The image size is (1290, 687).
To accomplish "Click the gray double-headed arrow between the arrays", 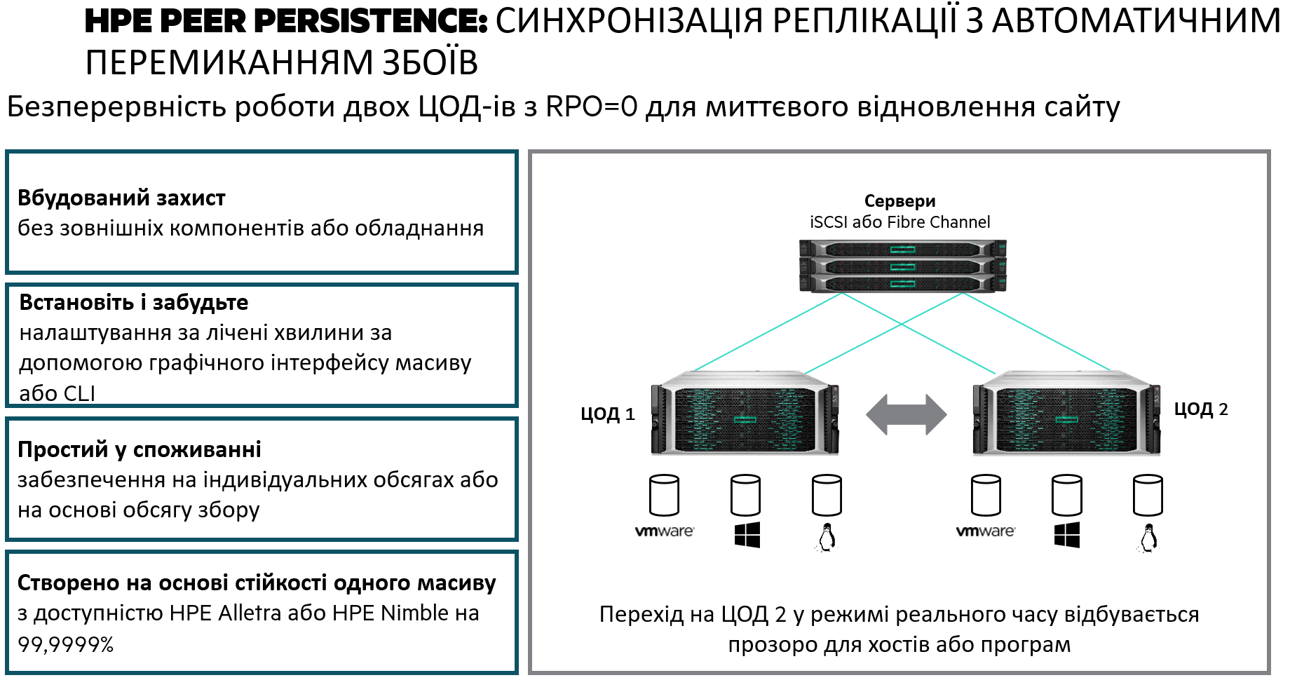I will click(x=906, y=414).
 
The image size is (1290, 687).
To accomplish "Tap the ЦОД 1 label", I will click(x=607, y=414).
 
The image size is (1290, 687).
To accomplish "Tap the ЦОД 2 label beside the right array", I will click(x=1201, y=409).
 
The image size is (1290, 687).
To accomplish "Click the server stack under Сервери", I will click(x=902, y=266).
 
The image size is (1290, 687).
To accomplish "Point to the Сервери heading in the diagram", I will click(x=899, y=201).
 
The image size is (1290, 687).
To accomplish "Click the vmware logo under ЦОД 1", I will click(x=664, y=531).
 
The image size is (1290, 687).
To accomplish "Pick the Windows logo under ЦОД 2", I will click(x=1067, y=535).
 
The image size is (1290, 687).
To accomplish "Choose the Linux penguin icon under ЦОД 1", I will click(x=827, y=538).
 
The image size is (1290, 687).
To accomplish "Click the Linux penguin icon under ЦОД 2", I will click(x=1148, y=538).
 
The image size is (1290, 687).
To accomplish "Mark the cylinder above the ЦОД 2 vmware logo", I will click(x=986, y=495).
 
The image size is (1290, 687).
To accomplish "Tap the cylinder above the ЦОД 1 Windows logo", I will click(x=745, y=495).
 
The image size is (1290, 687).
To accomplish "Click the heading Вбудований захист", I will click(x=121, y=198).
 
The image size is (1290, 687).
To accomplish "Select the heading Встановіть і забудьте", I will click(x=134, y=302).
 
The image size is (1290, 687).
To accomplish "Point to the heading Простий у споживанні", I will click(x=140, y=449).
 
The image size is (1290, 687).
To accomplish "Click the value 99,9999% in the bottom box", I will click(x=66, y=644).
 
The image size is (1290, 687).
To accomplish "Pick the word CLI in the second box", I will click(x=76, y=393).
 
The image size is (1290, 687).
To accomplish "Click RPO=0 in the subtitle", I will click(x=592, y=107).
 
